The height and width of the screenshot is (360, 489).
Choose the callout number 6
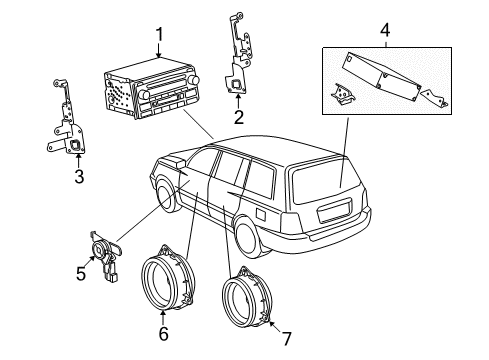[x=163, y=332]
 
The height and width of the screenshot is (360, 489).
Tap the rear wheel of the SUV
[x=245, y=237]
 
